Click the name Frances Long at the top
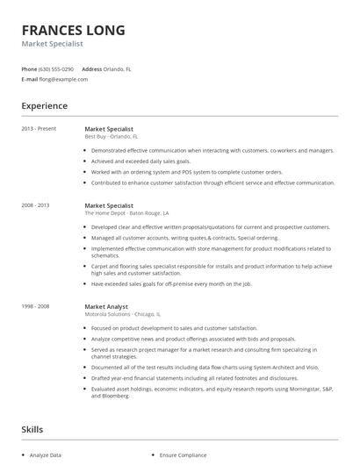pos(73,31)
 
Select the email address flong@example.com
pos(64,79)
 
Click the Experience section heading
pos(45,106)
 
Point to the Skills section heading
pos(32,430)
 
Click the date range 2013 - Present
pos(39,129)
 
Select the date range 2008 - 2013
pos(36,204)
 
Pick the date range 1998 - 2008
pos(36,307)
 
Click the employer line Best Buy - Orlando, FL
pos(112,137)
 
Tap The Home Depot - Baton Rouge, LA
pos(126,212)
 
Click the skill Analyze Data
pos(46,455)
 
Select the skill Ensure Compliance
pos(183,455)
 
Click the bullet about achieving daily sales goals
pos(140,161)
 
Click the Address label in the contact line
pos(92,68)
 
